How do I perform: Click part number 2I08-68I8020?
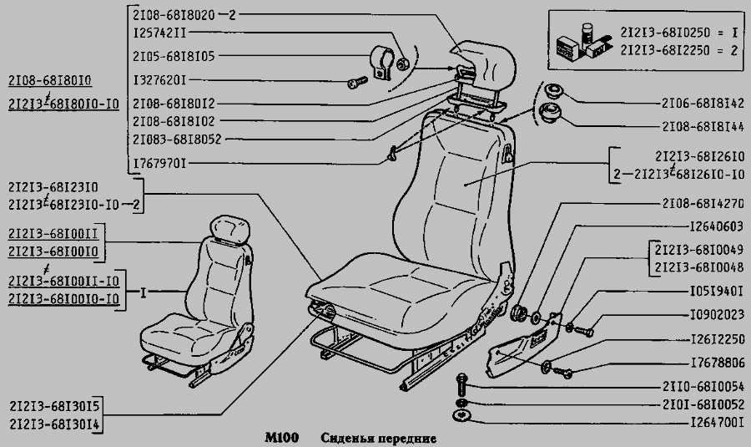174,15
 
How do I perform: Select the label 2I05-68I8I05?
174,56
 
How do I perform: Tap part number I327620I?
159,80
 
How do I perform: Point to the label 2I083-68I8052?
177,140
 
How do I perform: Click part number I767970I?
159,164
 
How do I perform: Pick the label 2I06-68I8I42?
703,103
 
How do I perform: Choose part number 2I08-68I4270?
703,204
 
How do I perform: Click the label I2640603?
716,226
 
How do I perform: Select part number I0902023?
717,315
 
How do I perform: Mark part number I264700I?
717,423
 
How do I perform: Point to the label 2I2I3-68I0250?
665,32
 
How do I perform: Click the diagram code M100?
282,438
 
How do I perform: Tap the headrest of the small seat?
230,229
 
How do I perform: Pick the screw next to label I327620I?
357,83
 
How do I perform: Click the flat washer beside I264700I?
461,416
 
